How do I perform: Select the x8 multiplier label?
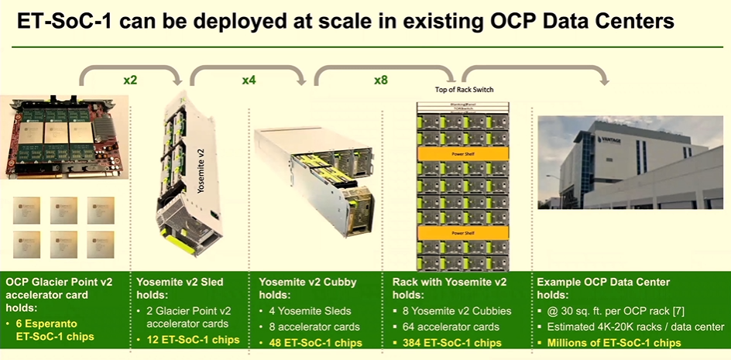(x=381, y=80)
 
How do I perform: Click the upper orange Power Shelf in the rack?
(x=462, y=154)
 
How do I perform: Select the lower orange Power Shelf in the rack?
(x=462, y=231)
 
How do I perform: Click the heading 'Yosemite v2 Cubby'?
(x=309, y=282)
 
